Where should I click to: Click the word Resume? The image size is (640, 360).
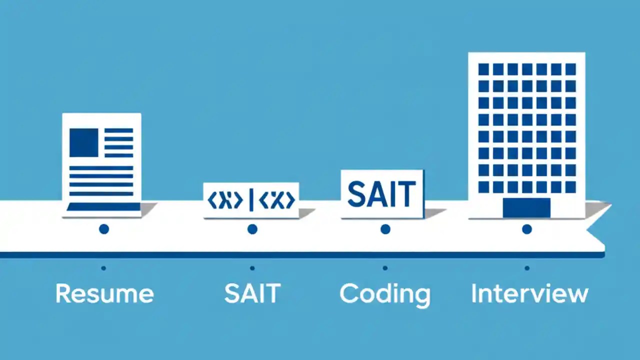point(104,293)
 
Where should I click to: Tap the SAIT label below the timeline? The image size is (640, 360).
point(252,293)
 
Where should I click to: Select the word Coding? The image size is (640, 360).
point(384,294)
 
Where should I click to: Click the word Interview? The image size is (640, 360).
point(529,293)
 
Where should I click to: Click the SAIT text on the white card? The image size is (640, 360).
point(381,195)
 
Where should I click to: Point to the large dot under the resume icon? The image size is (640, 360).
point(104,229)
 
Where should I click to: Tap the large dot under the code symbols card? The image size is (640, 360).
point(252,229)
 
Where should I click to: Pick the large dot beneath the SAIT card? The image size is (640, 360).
point(385,229)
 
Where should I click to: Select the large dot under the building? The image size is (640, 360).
point(526,229)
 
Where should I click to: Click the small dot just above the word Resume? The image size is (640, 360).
point(103,268)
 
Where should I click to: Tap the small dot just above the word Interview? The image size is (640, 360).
point(527,268)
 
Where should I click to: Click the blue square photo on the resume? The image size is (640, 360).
point(83,142)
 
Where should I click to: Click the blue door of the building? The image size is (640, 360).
point(526,207)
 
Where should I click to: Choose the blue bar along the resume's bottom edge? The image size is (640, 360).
point(103,206)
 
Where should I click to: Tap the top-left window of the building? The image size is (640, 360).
point(483,69)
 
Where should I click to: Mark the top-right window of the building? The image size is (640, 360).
point(570,69)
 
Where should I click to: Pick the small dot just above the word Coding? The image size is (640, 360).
point(385,268)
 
